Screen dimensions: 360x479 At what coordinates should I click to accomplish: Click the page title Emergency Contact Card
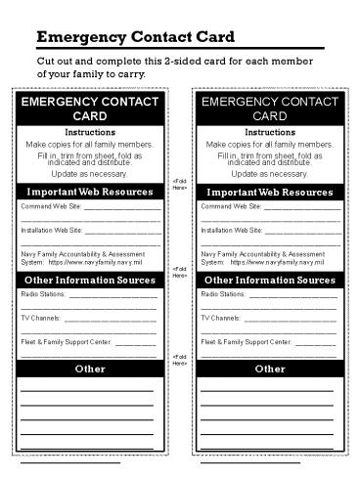click(135, 38)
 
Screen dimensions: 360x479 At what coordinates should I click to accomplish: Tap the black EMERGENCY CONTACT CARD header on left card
click(90, 109)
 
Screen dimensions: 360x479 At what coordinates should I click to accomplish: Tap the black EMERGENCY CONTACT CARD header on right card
click(270, 109)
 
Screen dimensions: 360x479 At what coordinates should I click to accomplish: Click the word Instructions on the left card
click(90, 132)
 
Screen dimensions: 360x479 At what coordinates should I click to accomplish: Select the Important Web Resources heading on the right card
click(270, 192)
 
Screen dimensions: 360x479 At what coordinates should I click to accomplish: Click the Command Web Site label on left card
click(50, 206)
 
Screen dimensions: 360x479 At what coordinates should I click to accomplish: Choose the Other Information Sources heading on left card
click(90, 281)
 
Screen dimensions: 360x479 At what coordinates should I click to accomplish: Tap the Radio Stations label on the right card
click(221, 294)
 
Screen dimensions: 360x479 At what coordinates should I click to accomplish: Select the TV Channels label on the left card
click(41, 319)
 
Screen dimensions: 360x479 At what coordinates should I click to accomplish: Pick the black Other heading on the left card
click(90, 370)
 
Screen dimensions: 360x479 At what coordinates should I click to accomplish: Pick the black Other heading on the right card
click(270, 370)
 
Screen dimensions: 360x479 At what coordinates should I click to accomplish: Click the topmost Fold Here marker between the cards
click(180, 184)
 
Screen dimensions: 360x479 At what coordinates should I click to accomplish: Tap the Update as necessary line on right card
click(270, 173)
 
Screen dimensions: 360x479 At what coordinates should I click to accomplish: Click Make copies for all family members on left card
click(90, 145)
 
